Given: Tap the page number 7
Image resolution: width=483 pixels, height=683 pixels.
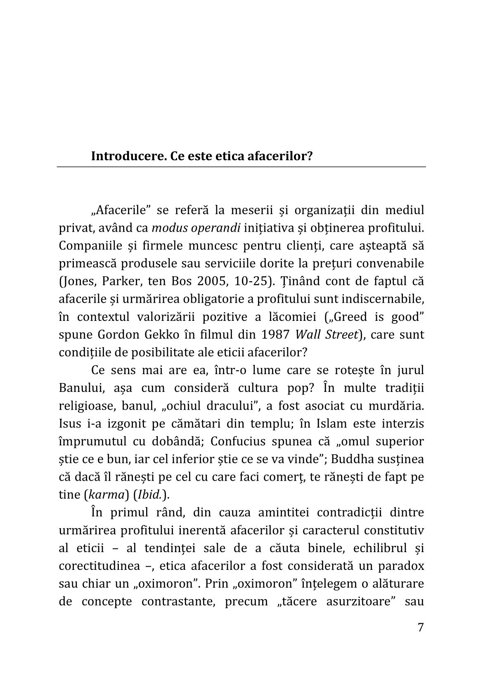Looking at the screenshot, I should (420, 627).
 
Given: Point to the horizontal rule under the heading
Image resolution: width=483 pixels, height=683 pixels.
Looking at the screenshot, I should (241, 167).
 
